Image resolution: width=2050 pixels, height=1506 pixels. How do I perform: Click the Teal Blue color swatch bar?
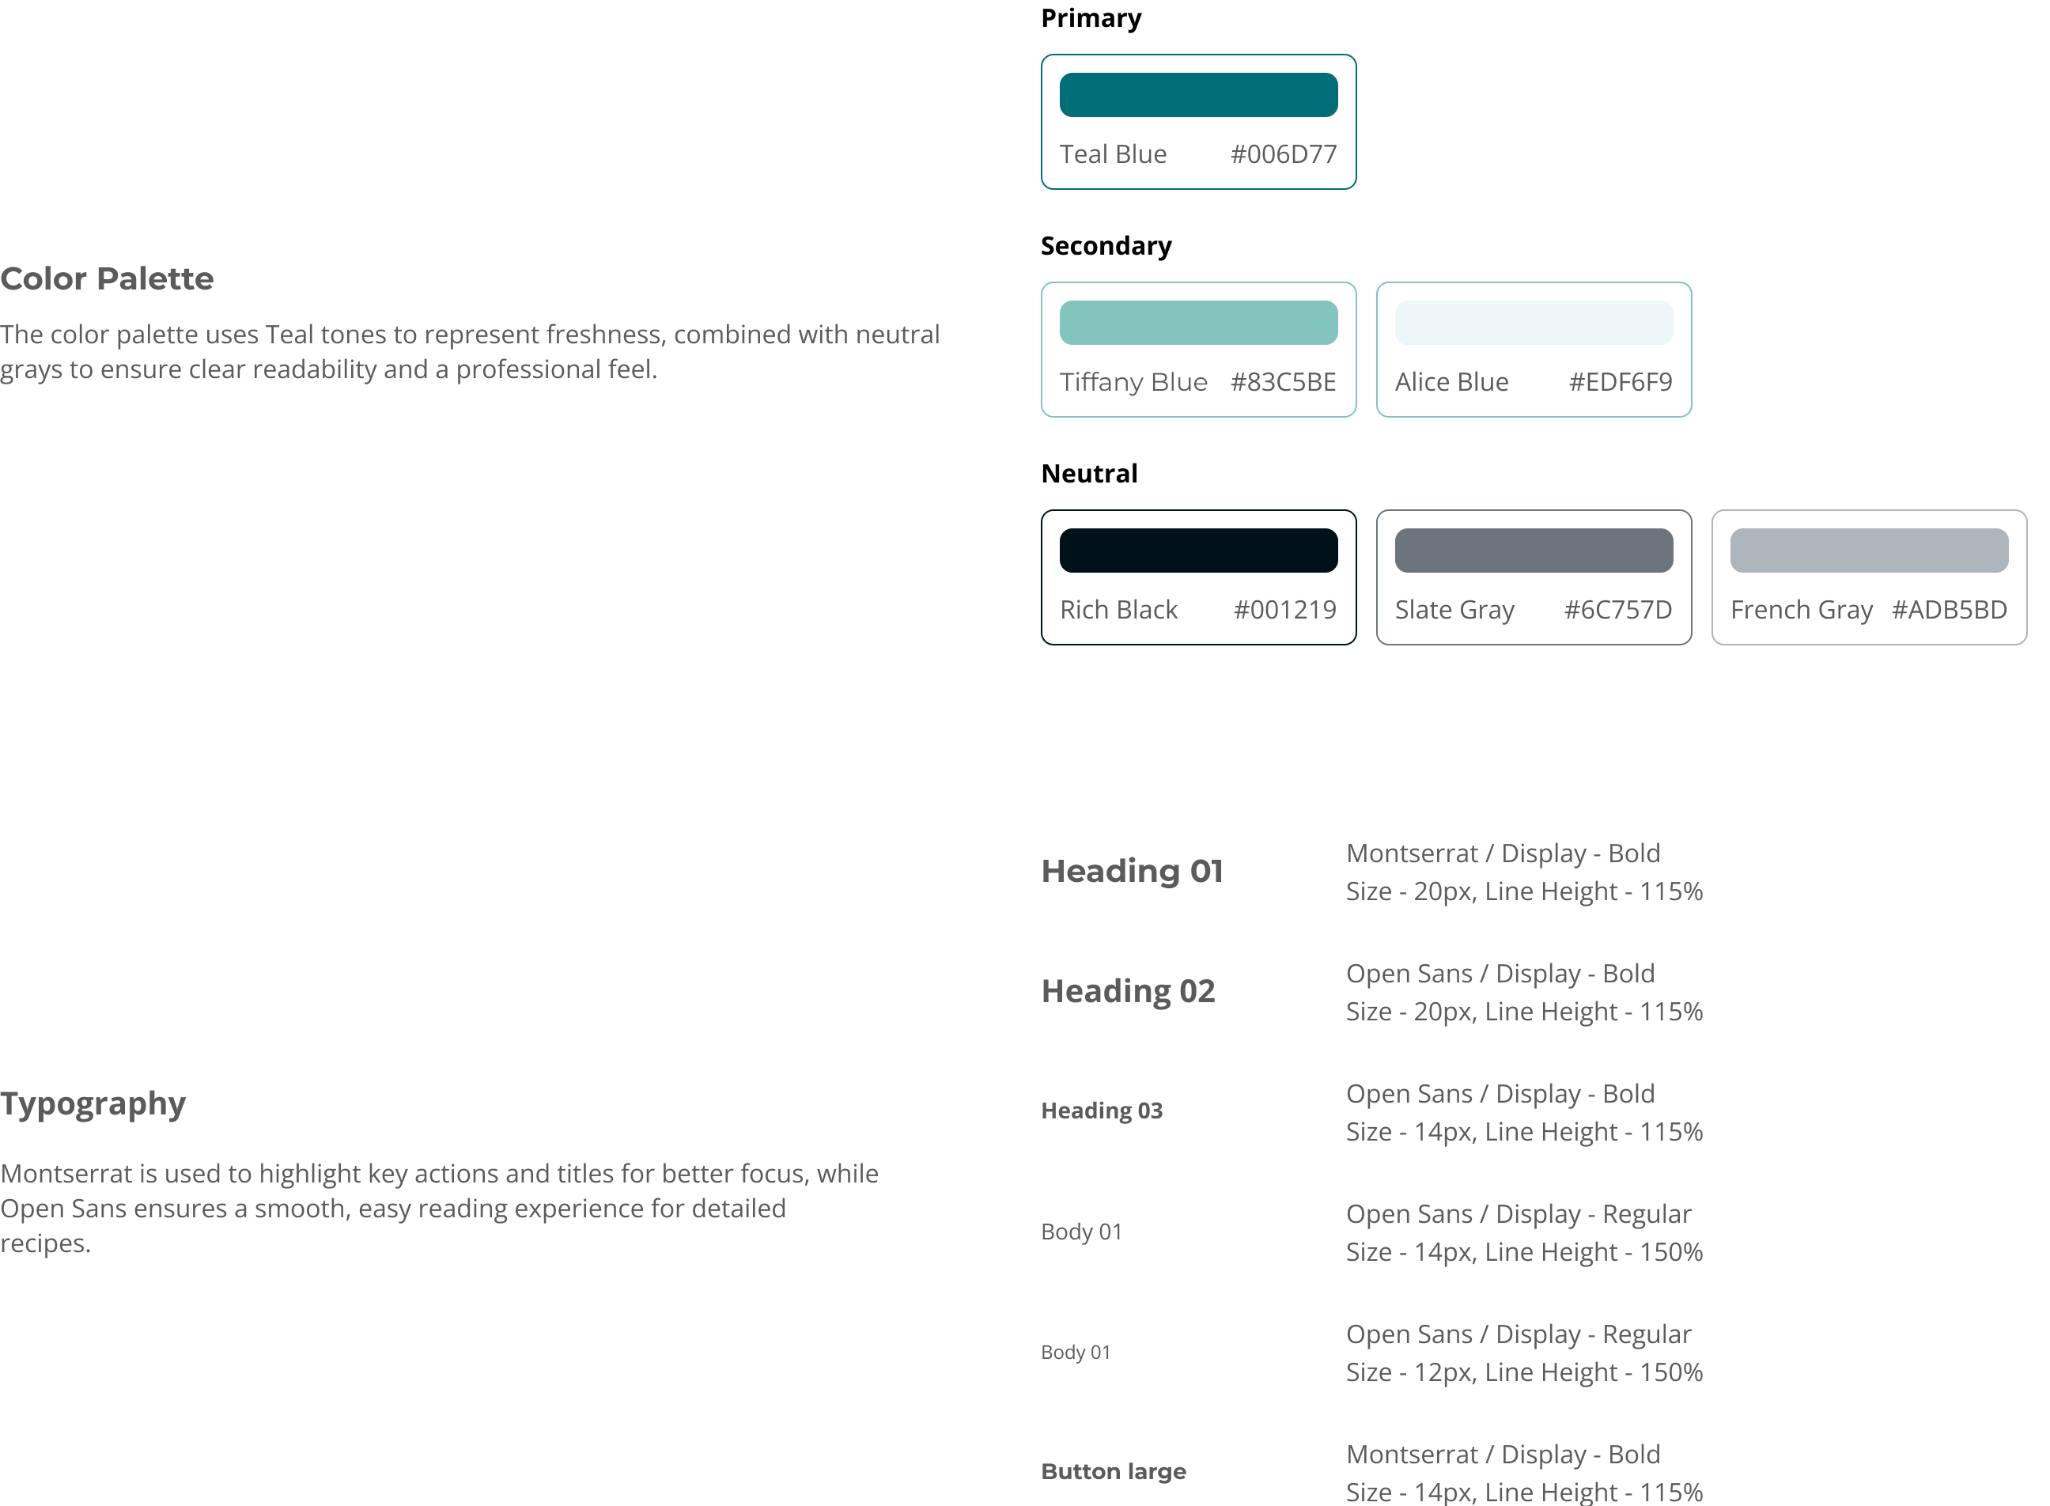(1197, 95)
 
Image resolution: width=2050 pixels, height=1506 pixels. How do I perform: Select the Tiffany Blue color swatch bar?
(1197, 323)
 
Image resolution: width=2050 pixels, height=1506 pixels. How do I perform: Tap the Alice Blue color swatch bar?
(1534, 323)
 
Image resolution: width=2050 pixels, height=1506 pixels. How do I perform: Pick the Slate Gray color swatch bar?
(1534, 551)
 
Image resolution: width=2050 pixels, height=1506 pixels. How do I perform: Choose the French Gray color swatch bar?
(1869, 551)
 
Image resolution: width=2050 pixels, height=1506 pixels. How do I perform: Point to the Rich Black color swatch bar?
(1197, 551)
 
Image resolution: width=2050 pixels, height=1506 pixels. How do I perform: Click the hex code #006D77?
(1283, 154)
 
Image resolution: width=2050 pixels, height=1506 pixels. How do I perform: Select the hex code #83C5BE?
(1283, 382)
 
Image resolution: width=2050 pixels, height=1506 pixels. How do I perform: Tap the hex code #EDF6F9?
(1620, 382)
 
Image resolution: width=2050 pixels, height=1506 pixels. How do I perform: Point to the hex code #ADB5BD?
(1949, 610)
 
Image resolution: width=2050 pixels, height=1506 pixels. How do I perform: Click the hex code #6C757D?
(1618, 610)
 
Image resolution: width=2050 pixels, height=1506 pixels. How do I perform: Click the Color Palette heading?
(107, 279)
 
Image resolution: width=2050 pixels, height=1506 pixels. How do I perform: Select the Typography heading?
(93, 1104)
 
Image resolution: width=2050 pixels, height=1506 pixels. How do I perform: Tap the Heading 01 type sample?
(1132, 872)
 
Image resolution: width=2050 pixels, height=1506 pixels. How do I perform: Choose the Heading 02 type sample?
(1129, 992)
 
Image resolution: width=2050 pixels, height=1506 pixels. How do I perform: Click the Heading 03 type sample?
(1102, 1111)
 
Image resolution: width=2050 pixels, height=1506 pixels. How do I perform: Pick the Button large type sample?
(1113, 1472)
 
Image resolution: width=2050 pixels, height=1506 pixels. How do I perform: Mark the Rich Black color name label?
(1118, 610)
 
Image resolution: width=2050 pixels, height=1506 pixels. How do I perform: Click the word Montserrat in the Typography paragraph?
(66, 1174)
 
